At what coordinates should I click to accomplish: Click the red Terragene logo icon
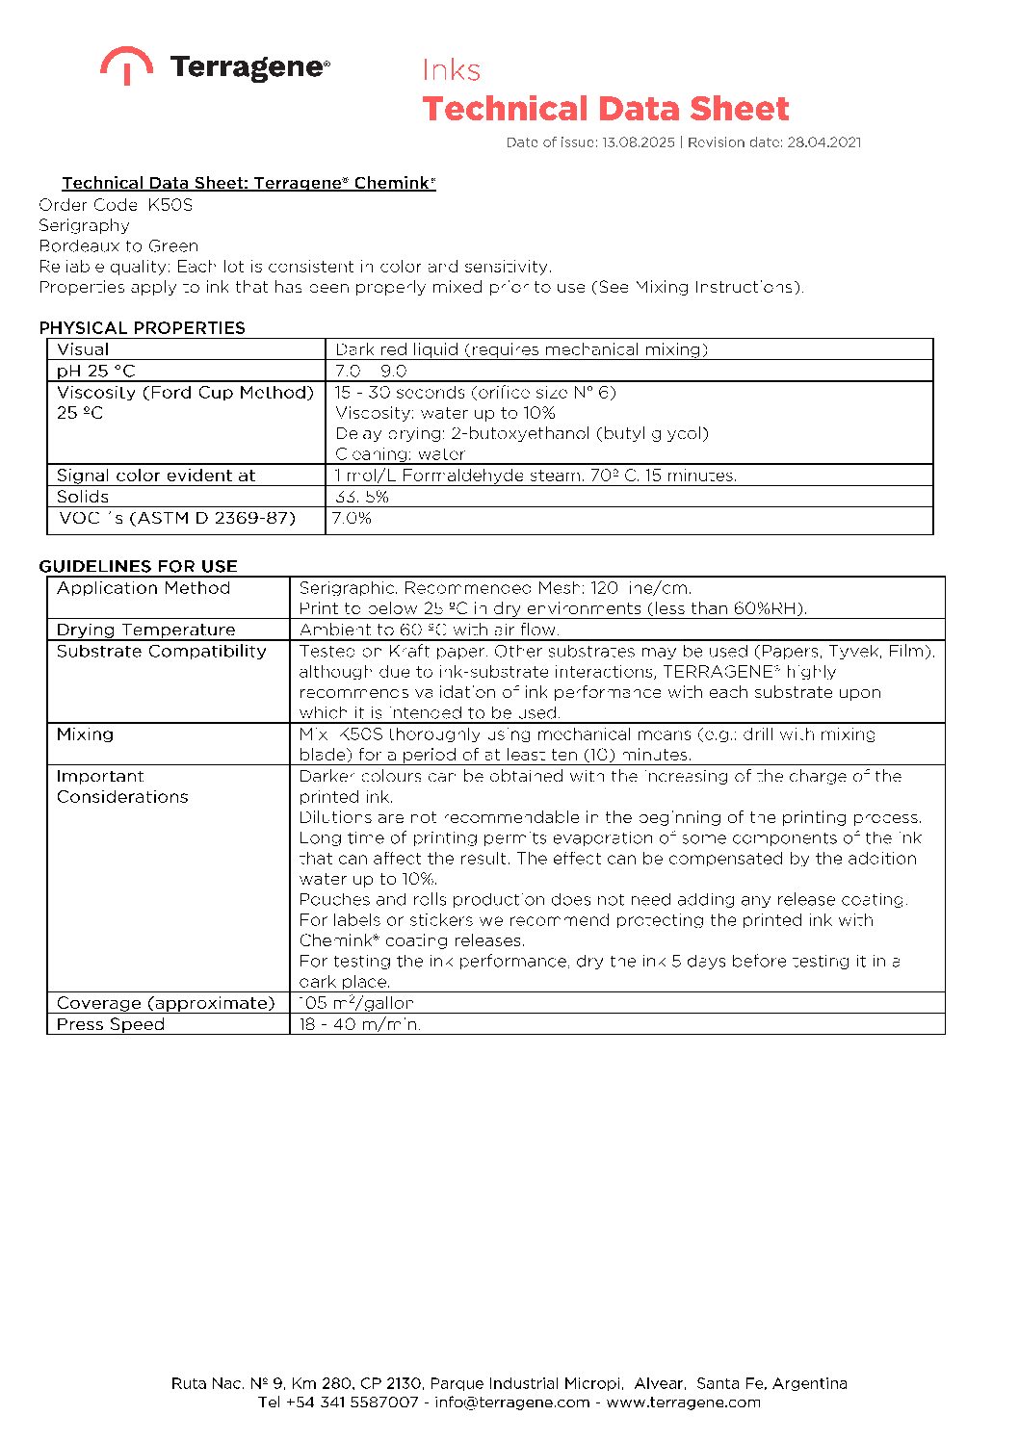tap(126, 64)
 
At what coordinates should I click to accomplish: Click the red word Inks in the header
tap(451, 70)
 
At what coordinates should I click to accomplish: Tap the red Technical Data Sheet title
tap(605, 109)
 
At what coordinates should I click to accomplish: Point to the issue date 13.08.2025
tap(639, 142)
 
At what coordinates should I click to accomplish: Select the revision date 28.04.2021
tap(823, 142)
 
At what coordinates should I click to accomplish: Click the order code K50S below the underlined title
tap(170, 205)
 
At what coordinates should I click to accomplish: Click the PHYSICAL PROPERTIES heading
tap(143, 327)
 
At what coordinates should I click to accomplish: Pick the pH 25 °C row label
tap(96, 371)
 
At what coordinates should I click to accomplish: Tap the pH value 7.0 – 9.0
tap(371, 371)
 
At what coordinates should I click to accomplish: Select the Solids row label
tap(83, 497)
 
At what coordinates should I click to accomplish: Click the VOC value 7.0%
tap(352, 518)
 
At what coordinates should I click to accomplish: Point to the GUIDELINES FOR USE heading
tap(138, 566)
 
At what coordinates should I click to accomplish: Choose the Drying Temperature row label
tap(145, 630)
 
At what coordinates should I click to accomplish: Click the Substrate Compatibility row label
tap(161, 652)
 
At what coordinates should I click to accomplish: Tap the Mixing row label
tap(85, 734)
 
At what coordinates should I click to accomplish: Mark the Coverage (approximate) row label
tap(166, 1003)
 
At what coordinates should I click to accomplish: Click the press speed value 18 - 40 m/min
tap(359, 1024)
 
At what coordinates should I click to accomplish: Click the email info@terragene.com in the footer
tap(511, 1402)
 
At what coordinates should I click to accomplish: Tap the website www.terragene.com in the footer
tap(683, 1402)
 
